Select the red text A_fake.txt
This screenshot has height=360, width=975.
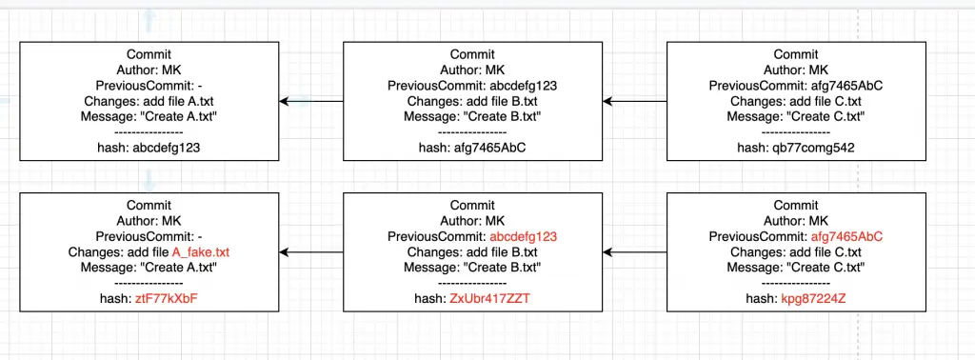(x=201, y=252)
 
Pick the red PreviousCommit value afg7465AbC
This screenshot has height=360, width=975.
(x=846, y=237)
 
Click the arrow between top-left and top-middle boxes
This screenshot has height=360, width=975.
(x=311, y=101)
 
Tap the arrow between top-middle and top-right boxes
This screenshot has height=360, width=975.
(x=635, y=101)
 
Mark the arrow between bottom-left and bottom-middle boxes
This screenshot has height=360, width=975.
(x=311, y=252)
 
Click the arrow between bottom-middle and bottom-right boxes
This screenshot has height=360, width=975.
(x=635, y=252)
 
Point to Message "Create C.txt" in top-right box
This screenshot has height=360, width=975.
(x=795, y=116)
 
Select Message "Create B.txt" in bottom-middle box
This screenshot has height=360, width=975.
(x=472, y=268)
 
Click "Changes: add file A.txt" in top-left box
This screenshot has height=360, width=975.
(x=149, y=101)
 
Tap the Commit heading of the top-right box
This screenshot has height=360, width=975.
(x=795, y=54)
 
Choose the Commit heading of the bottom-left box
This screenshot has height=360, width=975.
(x=149, y=206)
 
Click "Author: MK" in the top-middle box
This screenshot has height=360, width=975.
(x=472, y=70)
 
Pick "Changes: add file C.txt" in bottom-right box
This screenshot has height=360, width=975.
(x=795, y=252)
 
